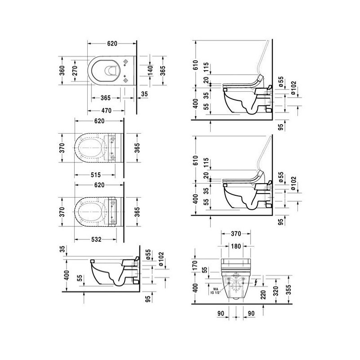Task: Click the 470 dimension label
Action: [x=106, y=111]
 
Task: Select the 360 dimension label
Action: [x=62, y=71]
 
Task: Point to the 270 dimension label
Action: [x=75, y=71]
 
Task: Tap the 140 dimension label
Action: [x=150, y=71]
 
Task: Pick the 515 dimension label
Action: [x=96, y=175]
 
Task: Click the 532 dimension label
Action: [x=96, y=239]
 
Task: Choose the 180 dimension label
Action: [x=236, y=246]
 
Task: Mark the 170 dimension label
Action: [x=195, y=265]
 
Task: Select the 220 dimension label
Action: [x=263, y=295]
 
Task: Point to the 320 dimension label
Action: [x=276, y=291]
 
